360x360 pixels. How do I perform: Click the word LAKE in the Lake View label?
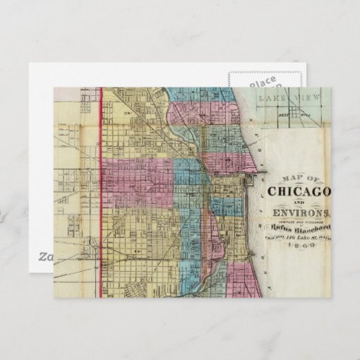272,99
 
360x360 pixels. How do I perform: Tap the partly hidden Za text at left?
44,256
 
